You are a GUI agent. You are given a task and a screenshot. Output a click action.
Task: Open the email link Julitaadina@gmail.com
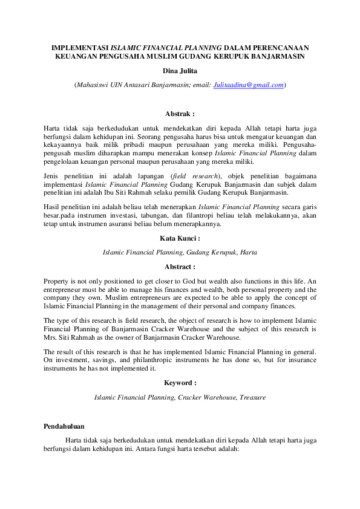click(249, 85)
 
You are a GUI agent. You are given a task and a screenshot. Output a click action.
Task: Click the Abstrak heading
click(180, 113)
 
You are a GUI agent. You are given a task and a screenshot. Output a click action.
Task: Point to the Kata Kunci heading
click(180, 239)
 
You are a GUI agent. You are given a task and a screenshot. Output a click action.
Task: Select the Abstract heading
click(180, 267)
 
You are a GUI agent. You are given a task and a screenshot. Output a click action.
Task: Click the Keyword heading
click(180, 383)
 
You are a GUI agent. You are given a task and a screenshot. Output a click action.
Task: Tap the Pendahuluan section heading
click(64, 427)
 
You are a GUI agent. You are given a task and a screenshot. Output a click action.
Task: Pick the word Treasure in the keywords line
click(252, 397)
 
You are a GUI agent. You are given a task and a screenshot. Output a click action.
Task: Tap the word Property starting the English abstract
click(58, 281)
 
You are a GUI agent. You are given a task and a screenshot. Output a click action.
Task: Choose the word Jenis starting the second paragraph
click(53, 176)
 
